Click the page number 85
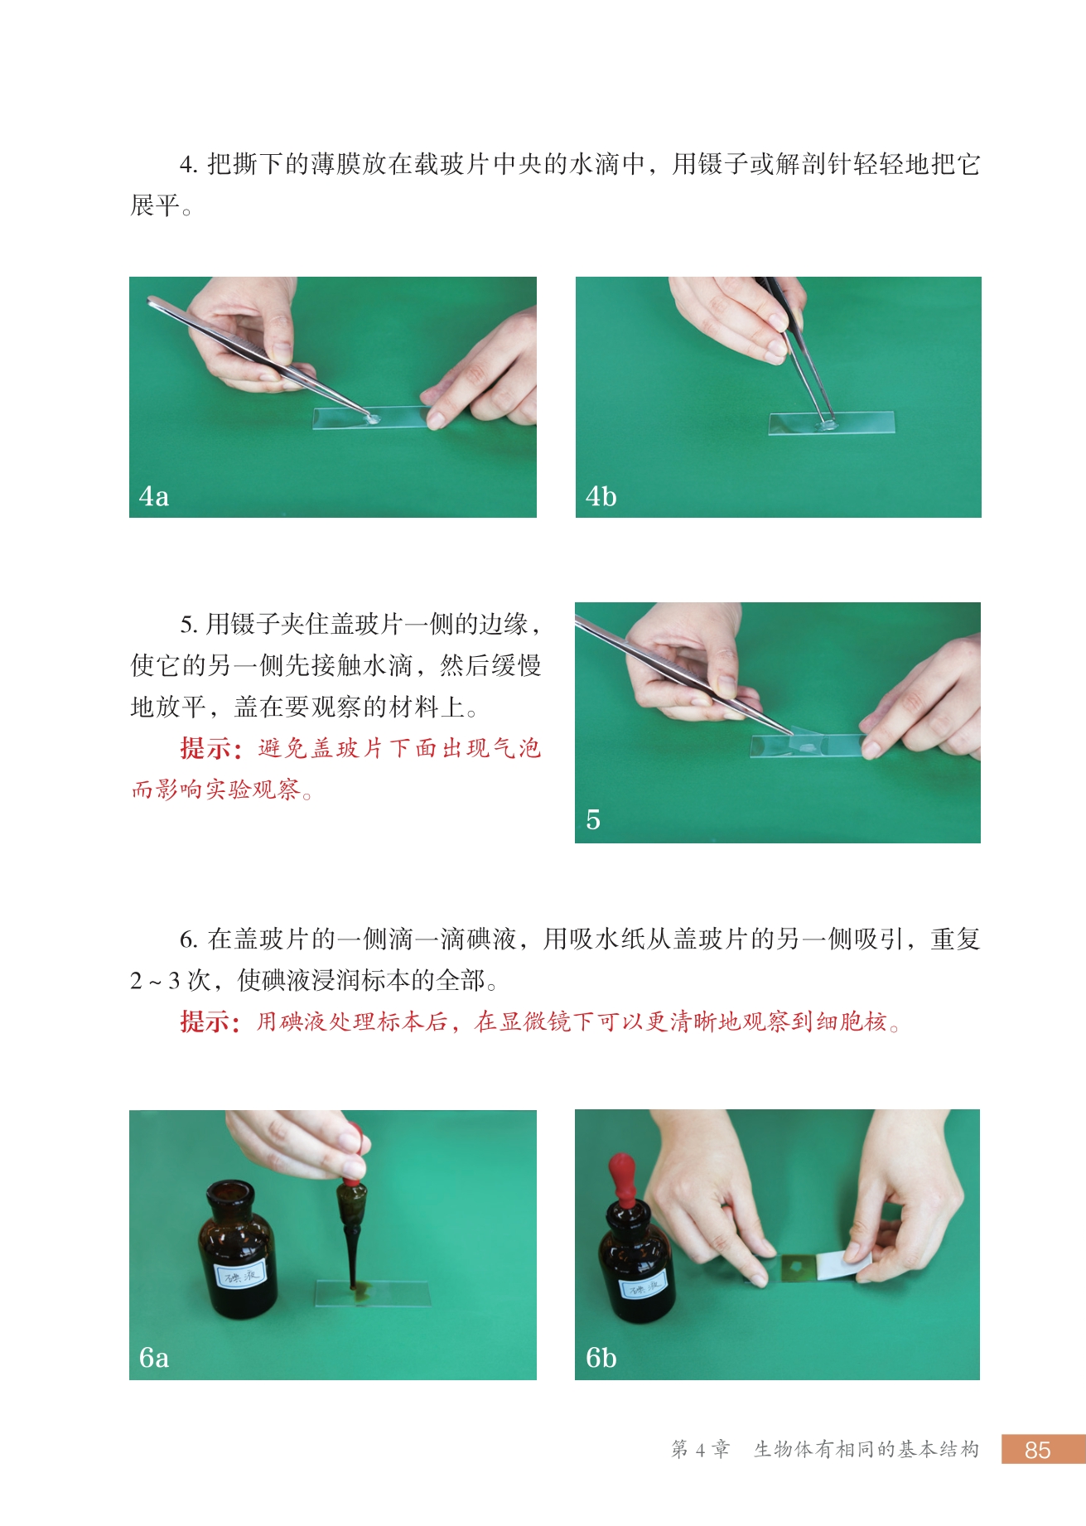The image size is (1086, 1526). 1037,1450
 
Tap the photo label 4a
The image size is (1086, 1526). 154,496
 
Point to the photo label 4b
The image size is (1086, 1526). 601,496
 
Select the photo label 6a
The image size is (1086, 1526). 154,1358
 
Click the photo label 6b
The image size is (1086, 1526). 601,1358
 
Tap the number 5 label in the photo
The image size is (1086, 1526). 593,820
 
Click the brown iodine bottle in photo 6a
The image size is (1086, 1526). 237,1249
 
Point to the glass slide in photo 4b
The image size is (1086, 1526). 832,423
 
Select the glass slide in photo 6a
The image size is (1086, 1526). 373,1293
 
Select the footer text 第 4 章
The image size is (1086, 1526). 701,1450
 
